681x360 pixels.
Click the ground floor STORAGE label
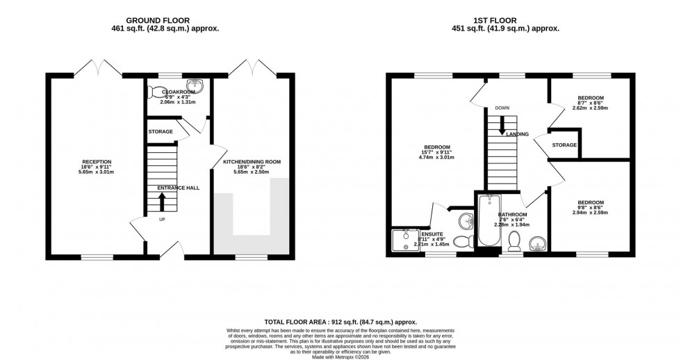tap(161, 131)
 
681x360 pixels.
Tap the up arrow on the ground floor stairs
tap(163, 202)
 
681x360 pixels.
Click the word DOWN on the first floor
tap(502, 108)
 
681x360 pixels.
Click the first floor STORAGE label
tap(564, 145)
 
